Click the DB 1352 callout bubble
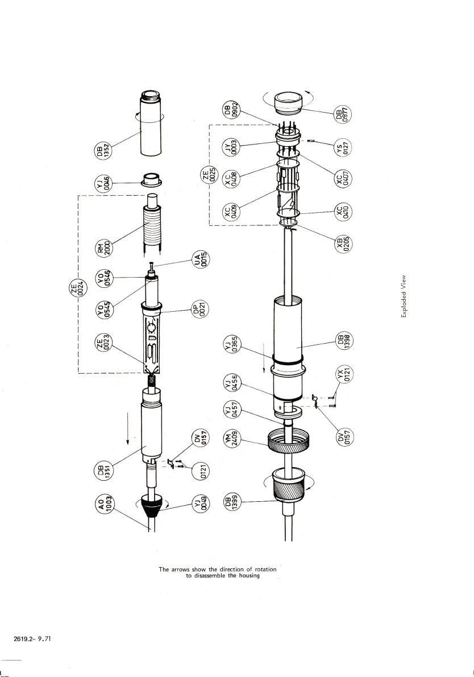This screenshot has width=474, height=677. tap(103, 151)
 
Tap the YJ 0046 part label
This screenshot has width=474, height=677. tap(103, 183)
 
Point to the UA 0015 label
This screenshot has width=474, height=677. tap(201, 259)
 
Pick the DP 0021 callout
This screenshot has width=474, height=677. tap(201, 310)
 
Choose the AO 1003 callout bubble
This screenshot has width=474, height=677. tap(103, 503)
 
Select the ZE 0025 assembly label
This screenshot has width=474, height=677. tap(209, 176)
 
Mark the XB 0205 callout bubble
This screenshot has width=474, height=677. tap(344, 244)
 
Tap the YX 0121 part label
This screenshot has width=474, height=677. tap(344, 374)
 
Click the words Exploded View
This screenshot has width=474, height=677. tap(404, 296)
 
